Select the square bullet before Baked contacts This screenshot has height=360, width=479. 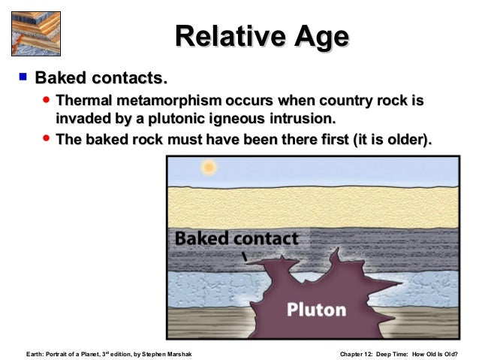23,76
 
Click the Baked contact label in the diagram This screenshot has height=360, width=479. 236,239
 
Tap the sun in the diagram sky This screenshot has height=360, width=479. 209,167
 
